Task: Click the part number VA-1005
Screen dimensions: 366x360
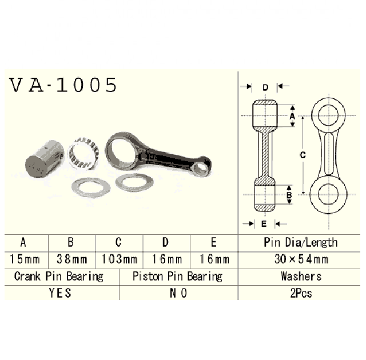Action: point(63,85)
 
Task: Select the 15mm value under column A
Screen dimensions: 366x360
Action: point(25,259)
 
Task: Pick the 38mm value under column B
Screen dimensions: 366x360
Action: point(72,259)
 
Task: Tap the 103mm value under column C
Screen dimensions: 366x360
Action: point(120,259)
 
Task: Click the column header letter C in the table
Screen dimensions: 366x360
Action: point(118,242)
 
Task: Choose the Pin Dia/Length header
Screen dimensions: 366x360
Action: point(301,243)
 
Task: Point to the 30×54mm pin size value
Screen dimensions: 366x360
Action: point(301,259)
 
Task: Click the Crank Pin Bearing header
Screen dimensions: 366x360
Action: point(58,277)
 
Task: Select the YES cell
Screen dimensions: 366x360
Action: point(59,293)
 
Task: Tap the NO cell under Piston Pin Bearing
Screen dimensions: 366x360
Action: point(178,293)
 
